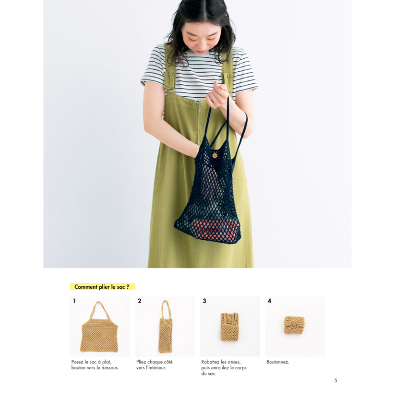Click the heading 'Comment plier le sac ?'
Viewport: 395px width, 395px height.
pos(102,287)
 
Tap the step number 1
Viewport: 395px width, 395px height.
pos(74,301)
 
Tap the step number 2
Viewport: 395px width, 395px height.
pos(139,301)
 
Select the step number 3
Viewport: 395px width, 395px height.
pos(204,301)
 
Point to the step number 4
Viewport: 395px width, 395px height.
pos(269,301)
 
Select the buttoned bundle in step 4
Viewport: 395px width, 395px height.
pos(294,325)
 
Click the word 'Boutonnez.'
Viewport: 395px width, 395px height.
pos(277,362)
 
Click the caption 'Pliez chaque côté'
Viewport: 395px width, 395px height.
pos(154,362)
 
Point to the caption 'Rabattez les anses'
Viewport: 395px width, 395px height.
pos(223,362)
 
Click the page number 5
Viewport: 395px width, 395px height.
pos(336,380)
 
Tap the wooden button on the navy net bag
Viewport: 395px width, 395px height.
pos(214,155)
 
